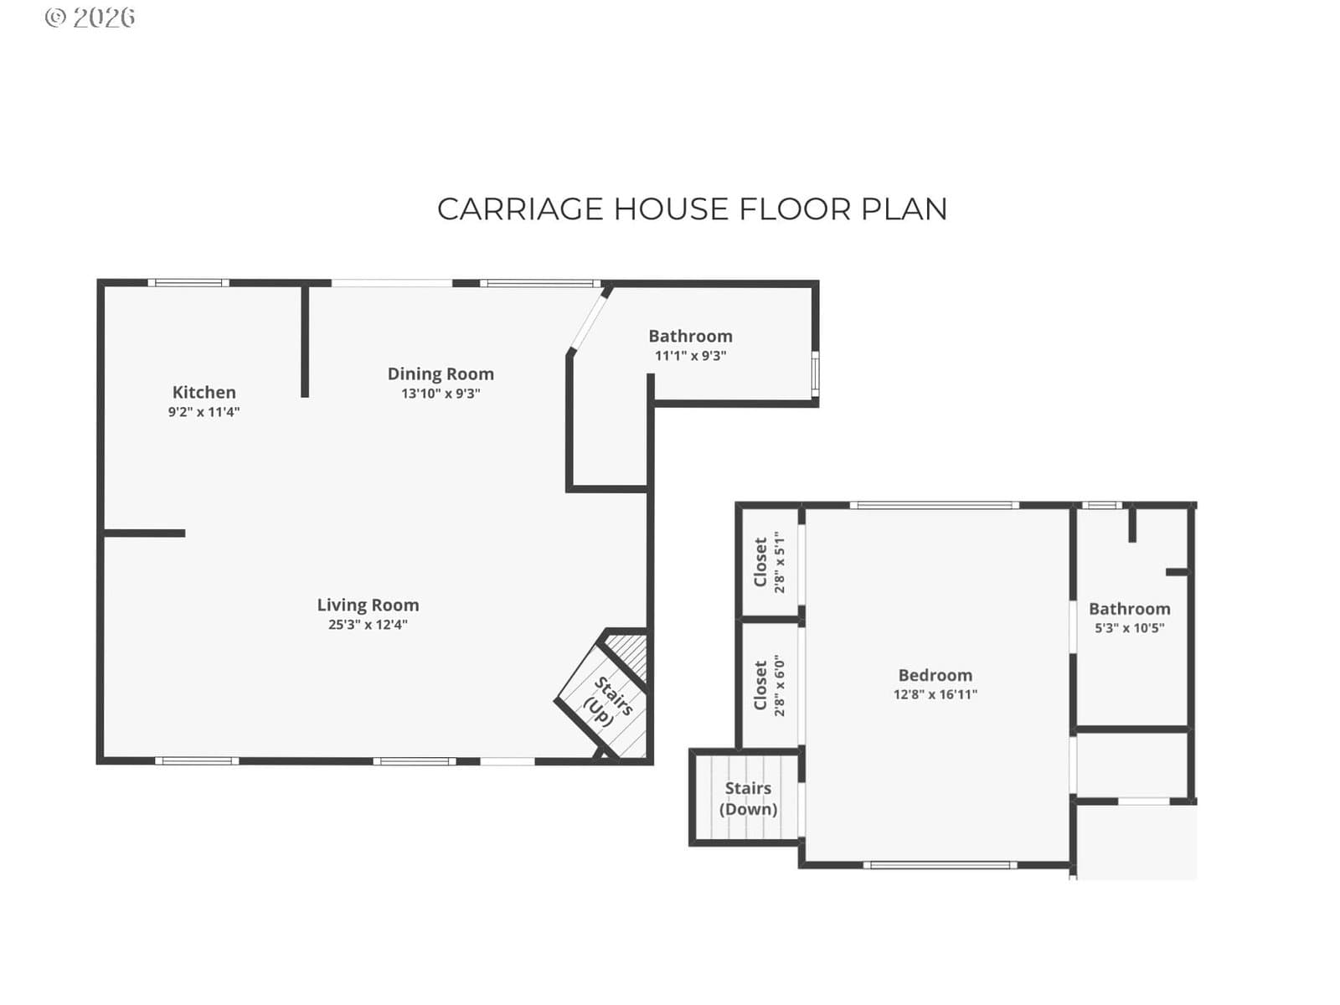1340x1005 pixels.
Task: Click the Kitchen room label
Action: coord(204,392)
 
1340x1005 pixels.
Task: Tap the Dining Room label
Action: coord(441,374)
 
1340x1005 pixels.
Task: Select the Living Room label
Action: coord(368,606)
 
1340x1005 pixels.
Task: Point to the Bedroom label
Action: coord(935,676)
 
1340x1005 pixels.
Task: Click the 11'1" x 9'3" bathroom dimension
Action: coord(690,356)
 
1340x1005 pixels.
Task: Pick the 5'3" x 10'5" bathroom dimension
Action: coord(1130,628)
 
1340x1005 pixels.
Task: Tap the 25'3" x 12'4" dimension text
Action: coord(368,624)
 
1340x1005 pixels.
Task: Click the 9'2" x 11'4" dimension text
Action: coord(204,412)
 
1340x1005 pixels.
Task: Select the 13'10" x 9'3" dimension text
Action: coord(441,394)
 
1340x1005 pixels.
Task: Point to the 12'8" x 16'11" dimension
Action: coord(935,694)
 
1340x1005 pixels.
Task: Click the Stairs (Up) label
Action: coord(607,703)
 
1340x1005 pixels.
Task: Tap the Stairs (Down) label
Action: coord(749,798)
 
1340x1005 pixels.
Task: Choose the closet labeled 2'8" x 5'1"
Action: coord(768,562)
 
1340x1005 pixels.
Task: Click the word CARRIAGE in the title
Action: coord(521,209)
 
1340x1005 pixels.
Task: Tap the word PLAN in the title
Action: coord(904,209)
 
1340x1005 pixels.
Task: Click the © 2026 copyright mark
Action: coord(90,18)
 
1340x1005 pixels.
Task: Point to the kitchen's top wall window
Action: coord(188,282)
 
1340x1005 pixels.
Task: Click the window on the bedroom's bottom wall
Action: coord(941,864)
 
